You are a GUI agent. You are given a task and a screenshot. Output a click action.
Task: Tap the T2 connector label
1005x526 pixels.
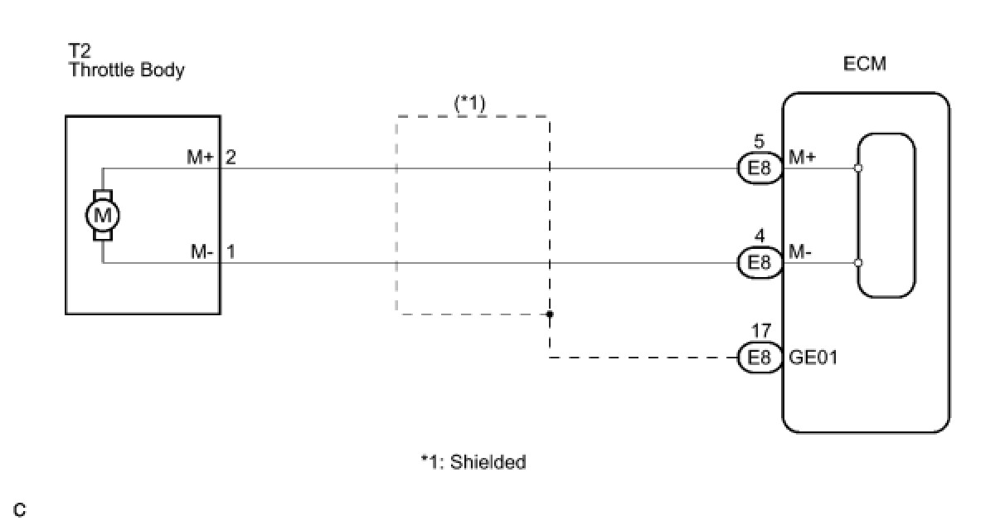tap(79, 52)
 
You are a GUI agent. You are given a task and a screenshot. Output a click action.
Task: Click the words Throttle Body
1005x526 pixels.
tap(126, 70)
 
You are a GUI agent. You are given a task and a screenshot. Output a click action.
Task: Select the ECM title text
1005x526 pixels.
tap(865, 64)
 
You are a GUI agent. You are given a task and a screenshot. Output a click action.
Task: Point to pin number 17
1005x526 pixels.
tap(760, 332)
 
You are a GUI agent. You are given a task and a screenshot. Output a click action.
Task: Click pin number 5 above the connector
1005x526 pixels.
tap(760, 142)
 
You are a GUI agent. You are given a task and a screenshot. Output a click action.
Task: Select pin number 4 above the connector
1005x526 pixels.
tap(760, 236)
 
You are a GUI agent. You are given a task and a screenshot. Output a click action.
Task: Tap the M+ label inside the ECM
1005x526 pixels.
tap(800, 157)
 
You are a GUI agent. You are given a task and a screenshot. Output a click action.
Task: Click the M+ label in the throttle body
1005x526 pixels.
tap(200, 157)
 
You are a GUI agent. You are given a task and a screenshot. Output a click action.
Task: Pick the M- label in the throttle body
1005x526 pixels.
tap(201, 251)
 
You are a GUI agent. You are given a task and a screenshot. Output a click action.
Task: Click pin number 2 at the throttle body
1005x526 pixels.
tap(231, 157)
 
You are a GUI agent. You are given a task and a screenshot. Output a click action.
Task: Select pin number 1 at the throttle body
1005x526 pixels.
tap(231, 251)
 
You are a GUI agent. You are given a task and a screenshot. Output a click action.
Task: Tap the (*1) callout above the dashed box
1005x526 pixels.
tap(469, 103)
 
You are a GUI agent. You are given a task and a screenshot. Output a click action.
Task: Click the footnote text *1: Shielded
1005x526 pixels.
tap(473, 462)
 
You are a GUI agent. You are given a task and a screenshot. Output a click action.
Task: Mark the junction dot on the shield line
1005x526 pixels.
tap(549, 314)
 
